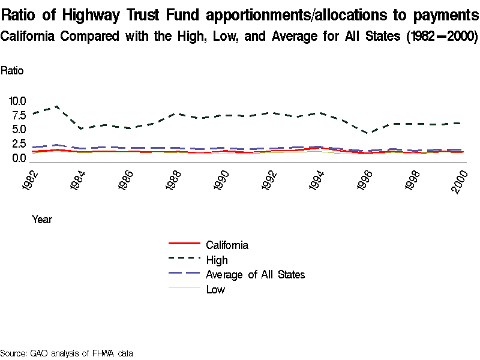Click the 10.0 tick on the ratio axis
pos(18,101)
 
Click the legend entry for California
pos(227,245)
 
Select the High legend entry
pos(217,260)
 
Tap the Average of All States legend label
pos(255,275)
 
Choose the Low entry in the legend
pos(215,290)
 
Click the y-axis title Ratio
pos(12,71)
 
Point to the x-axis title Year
pos(42,220)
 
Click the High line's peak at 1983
pos(56,106)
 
